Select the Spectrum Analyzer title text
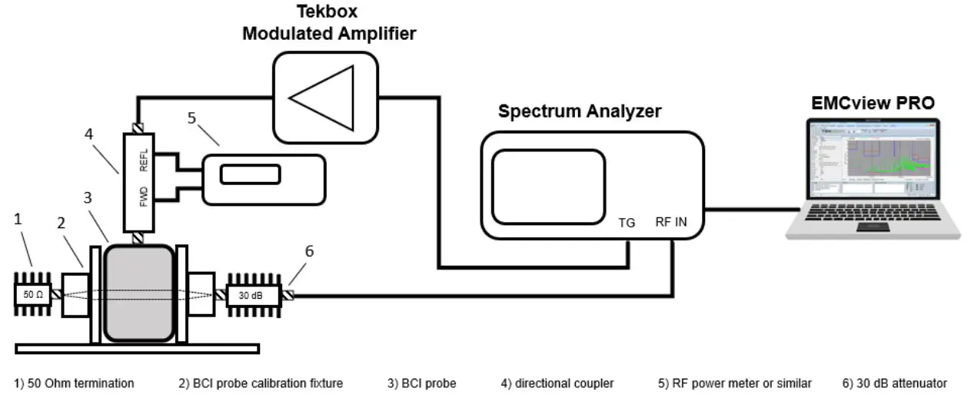(579, 111)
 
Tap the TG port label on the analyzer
(627, 223)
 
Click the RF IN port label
(672, 223)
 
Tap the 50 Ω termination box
(32, 295)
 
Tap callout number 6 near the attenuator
(308, 251)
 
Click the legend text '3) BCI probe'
(421, 382)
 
